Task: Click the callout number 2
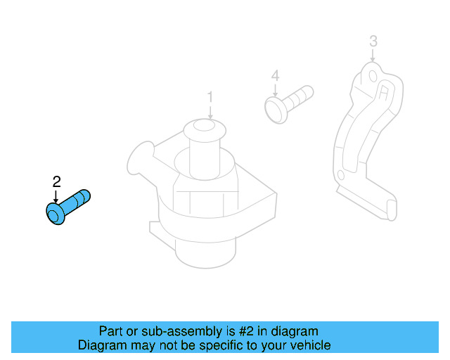pyautogui.click(x=57, y=182)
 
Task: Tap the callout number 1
pyautogui.click(x=209, y=96)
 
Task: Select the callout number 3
pyautogui.click(x=373, y=41)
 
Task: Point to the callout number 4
pyautogui.click(x=275, y=75)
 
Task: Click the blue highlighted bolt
pyautogui.click(x=68, y=207)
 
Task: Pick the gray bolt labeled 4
pyautogui.click(x=288, y=101)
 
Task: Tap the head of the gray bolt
pyautogui.click(x=274, y=109)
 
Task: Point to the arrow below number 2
pyautogui.click(x=57, y=197)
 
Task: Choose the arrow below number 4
pyautogui.click(x=275, y=90)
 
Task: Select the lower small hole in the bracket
pyautogui.click(x=341, y=174)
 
